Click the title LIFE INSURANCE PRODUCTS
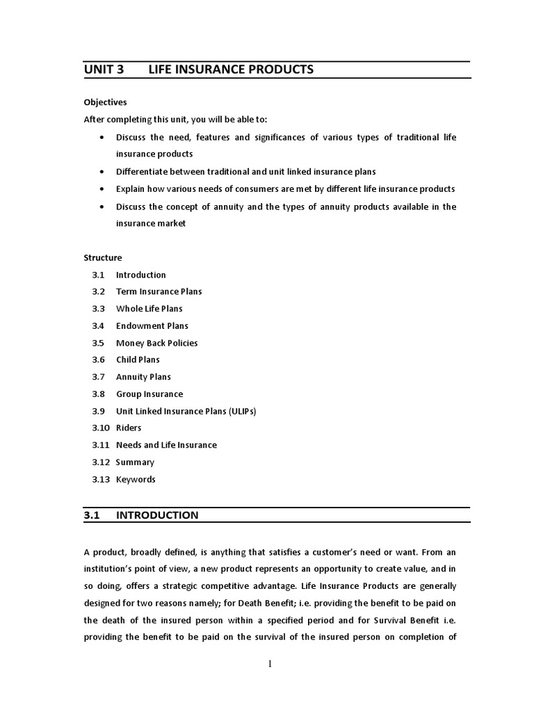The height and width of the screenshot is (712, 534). tap(231, 70)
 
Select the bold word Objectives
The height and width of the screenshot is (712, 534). tap(105, 102)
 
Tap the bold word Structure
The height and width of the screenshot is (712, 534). tap(103, 257)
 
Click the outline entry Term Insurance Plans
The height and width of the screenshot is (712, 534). tap(159, 291)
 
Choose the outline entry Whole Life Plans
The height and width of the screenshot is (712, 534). tap(149, 309)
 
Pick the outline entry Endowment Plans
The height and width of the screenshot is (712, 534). tap(152, 325)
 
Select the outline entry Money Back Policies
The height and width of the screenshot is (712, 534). tap(156, 343)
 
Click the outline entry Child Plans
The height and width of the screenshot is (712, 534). tap(138, 359)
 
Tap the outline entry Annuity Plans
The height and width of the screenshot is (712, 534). tap(143, 377)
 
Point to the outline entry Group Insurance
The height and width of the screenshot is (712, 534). tap(149, 394)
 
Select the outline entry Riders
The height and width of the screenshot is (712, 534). tap(128, 428)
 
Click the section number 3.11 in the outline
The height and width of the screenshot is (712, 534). tap(101, 445)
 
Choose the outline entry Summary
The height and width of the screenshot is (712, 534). tap(135, 462)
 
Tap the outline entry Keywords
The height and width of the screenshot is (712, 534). tap(136, 479)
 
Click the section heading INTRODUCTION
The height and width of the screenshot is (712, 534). tap(156, 515)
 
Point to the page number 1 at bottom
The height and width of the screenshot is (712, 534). tap(270, 664)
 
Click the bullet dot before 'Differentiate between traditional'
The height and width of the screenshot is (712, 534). tap(102, 172)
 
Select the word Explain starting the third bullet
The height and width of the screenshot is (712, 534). tap(130, 189)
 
